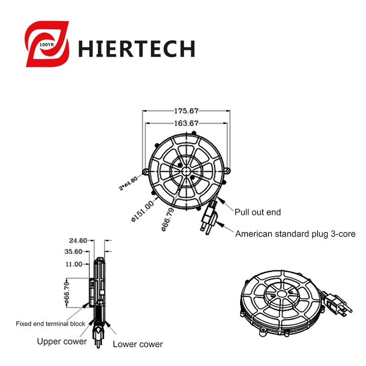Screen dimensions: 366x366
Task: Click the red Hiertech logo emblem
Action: [x=47, y=44]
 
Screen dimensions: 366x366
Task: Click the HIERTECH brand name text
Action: [x=136, y=48]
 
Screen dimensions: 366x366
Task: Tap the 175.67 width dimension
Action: [x=186, y=111]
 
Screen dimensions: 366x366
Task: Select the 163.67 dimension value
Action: [x=186, y=123]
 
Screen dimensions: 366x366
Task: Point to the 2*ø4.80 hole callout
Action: [x=128, y=183]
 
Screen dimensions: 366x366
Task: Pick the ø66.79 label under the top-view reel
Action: [x=168, y=220]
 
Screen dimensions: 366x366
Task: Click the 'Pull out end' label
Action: [x=258, y=212]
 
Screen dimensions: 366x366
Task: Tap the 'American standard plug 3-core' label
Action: [x=295, y=234]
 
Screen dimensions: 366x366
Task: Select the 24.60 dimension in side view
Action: [x=78, y=241]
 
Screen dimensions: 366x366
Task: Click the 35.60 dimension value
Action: [x=73, y=252]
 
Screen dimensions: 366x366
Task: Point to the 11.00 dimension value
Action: [x=74, y=264]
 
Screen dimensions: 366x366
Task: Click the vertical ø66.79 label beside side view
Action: [x=67, y=293]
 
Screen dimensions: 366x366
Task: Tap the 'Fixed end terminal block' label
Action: [x=50, y=324]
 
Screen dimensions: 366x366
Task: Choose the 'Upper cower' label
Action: [x=62, y=341]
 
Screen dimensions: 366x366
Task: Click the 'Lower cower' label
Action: [x=138, y=344]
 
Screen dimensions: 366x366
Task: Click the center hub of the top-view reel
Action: [x=186, y=171]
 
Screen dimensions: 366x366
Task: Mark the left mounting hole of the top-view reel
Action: [x=145, y=172]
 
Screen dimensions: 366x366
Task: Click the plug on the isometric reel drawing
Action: [x=337, y=303]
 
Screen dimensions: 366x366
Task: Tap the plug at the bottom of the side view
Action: [x=98, y=336]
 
